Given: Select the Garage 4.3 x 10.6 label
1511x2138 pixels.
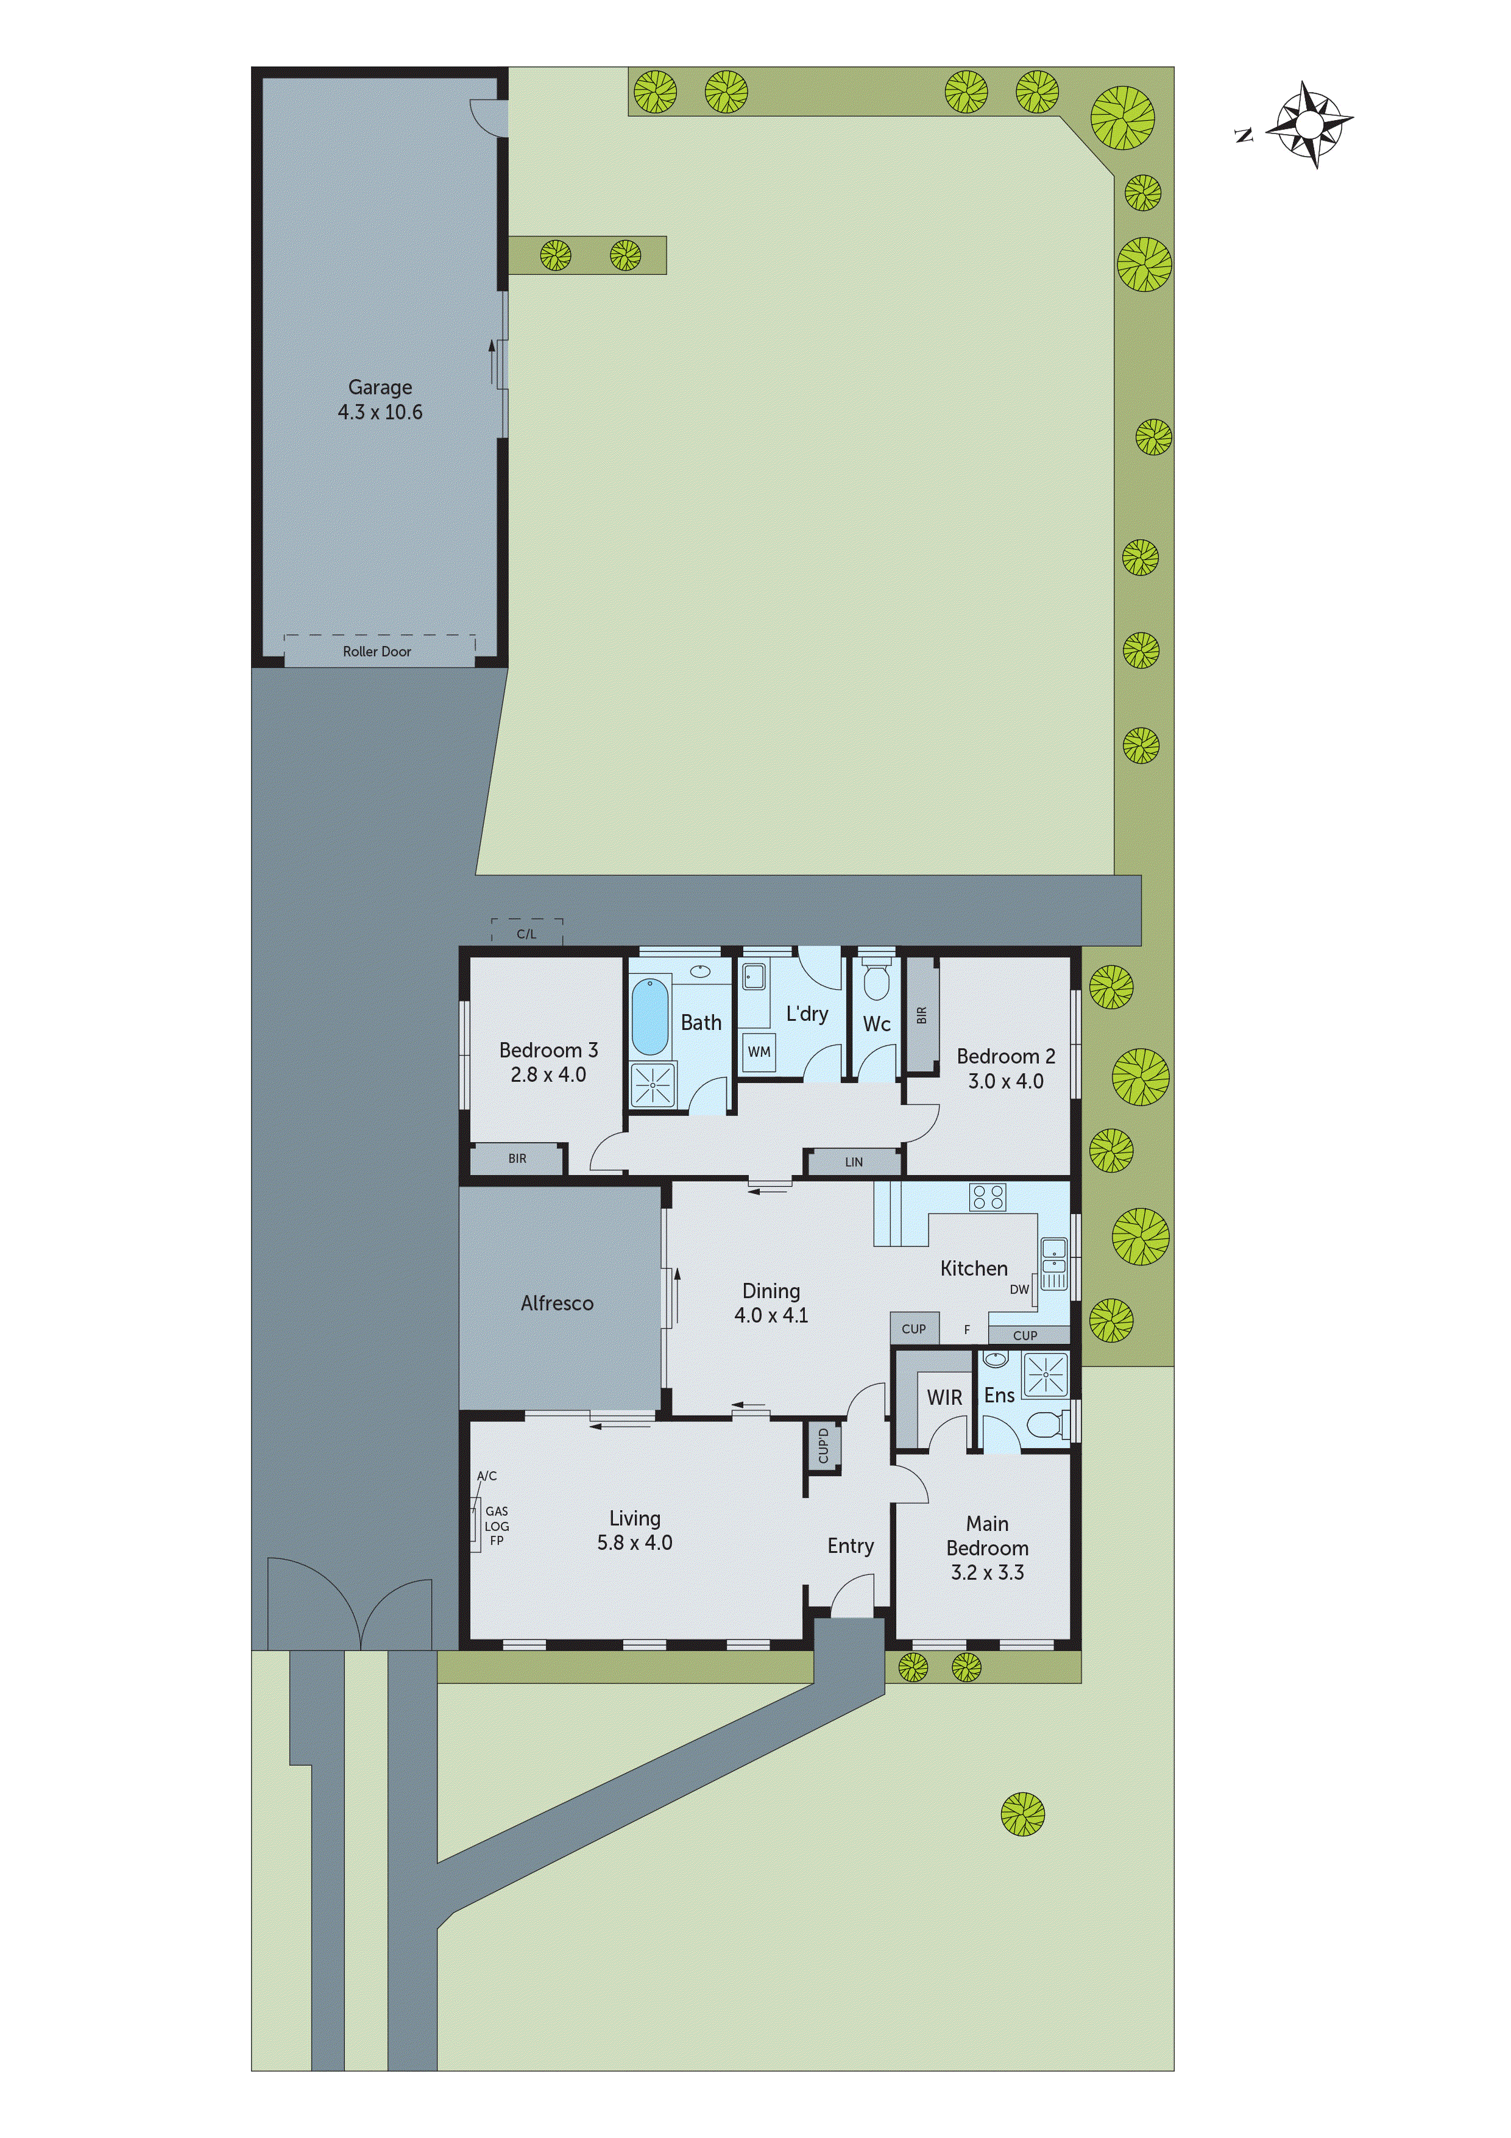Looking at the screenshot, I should [x=380, y=399].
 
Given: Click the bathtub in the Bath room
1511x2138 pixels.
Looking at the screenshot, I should [x=650, y=1016].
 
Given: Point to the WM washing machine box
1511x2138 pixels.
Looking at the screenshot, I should [x=759, y=1052].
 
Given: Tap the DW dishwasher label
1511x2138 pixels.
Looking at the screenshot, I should [x=1019, y=1290].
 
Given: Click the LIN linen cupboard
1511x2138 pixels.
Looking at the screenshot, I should [x=854, y=1162].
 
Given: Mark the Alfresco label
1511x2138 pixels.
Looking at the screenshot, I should [x=557, y=1304].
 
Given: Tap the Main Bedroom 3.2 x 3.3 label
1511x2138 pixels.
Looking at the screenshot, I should [x=987, y=1547].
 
